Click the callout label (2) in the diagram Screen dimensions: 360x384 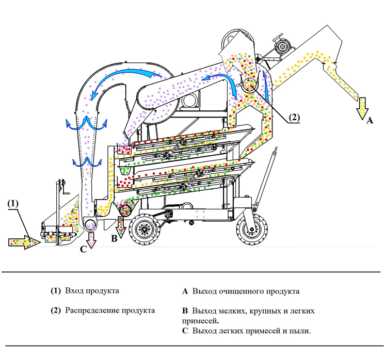pyautogui.click(x=293, y=117)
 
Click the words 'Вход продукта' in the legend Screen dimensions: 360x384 pyautogui.click(x=92, y=291)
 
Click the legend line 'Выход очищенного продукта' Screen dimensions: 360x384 pyautogui.click(x=246, y=291)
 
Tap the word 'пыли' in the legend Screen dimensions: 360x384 pyautogui.click(x=301, y=331)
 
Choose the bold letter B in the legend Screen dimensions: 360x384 pyautogui.click(x=185, y=311)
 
